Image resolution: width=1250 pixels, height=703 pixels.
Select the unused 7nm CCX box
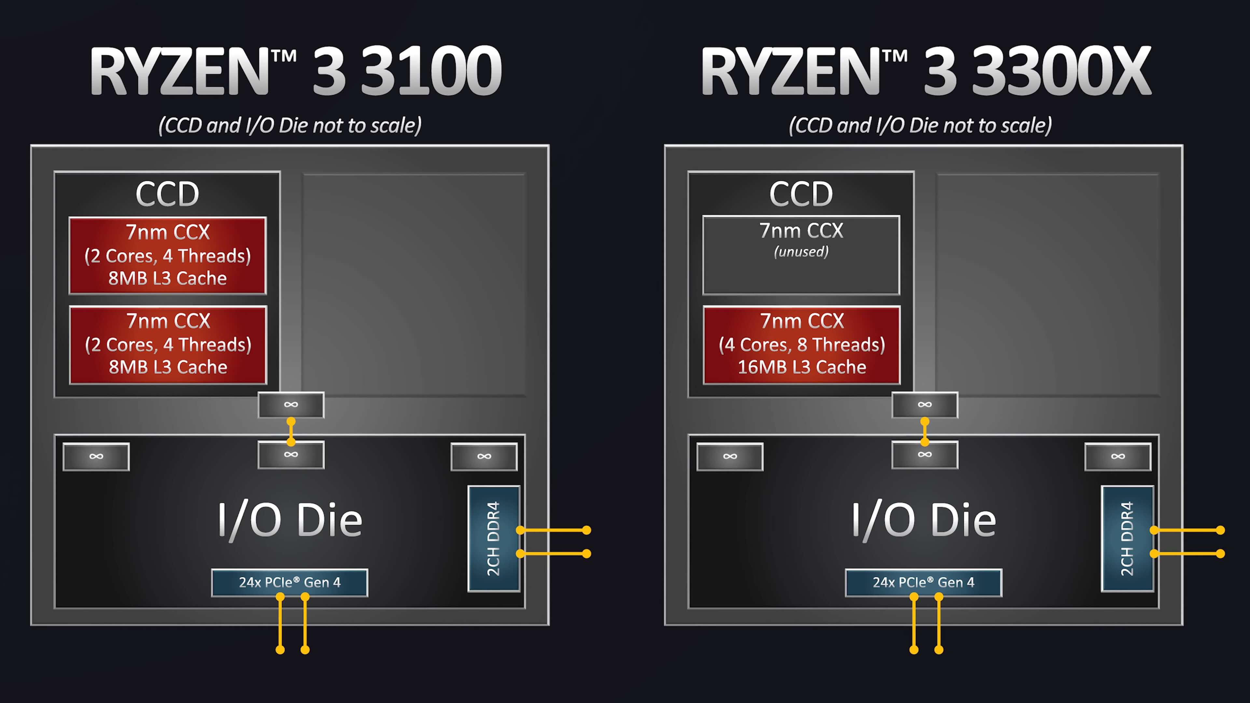tap(801, 255)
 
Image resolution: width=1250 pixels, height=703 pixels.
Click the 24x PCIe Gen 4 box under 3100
tap(290, 582)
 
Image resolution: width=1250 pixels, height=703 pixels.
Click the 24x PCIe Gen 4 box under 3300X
tap(924, 582)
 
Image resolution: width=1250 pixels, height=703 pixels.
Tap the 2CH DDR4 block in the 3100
tap(493, 539)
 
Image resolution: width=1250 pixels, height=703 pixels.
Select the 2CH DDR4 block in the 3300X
tap(1127, 539)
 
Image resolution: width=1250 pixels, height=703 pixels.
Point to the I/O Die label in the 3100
tap(290, 520)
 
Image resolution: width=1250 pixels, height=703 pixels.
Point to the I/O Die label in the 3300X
tap(924, 520)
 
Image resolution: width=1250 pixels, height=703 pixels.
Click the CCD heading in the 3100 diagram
tap(167, 194)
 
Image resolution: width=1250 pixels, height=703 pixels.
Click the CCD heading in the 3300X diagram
tap(801, 194)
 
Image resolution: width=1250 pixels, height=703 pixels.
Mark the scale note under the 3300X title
tap(920, 126)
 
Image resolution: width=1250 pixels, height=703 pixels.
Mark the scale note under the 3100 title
tap(290, 126)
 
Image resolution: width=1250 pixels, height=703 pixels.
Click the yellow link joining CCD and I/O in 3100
tap(291, 431)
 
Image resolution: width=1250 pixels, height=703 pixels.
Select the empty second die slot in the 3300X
tap(1047, 285)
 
